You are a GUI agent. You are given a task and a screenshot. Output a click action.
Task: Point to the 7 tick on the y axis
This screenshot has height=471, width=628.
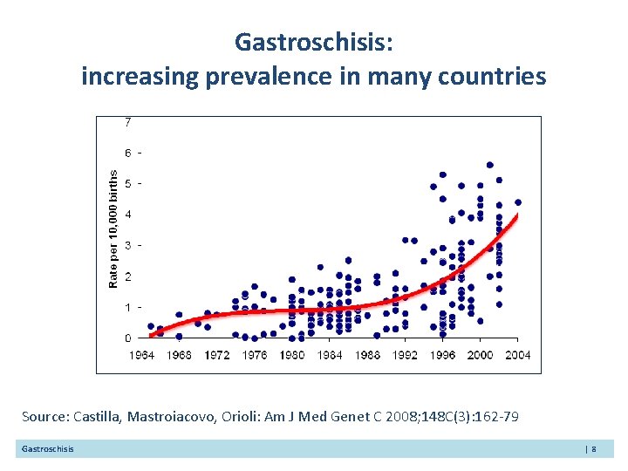129,121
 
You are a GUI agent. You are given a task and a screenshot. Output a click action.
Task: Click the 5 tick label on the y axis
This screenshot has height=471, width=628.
129,183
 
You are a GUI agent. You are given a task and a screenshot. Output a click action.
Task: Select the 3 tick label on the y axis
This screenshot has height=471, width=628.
129,245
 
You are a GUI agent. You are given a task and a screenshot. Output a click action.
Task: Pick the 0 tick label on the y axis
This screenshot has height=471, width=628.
129,338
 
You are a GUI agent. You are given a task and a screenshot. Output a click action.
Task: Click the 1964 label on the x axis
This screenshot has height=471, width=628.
143,355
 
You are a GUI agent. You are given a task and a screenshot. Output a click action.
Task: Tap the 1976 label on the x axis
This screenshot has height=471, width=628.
254,355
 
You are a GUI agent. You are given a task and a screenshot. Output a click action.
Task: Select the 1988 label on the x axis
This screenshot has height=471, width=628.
367,355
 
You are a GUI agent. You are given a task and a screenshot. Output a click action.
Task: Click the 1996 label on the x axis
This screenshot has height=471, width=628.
442,355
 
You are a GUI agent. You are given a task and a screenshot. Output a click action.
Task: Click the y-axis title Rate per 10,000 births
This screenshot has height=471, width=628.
113,229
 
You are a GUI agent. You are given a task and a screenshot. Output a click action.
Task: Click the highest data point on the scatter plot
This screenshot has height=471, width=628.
490,165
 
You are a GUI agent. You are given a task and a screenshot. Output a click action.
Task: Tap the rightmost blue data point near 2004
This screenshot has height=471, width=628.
518,202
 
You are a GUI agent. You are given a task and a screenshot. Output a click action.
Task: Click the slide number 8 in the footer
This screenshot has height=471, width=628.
593,448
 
